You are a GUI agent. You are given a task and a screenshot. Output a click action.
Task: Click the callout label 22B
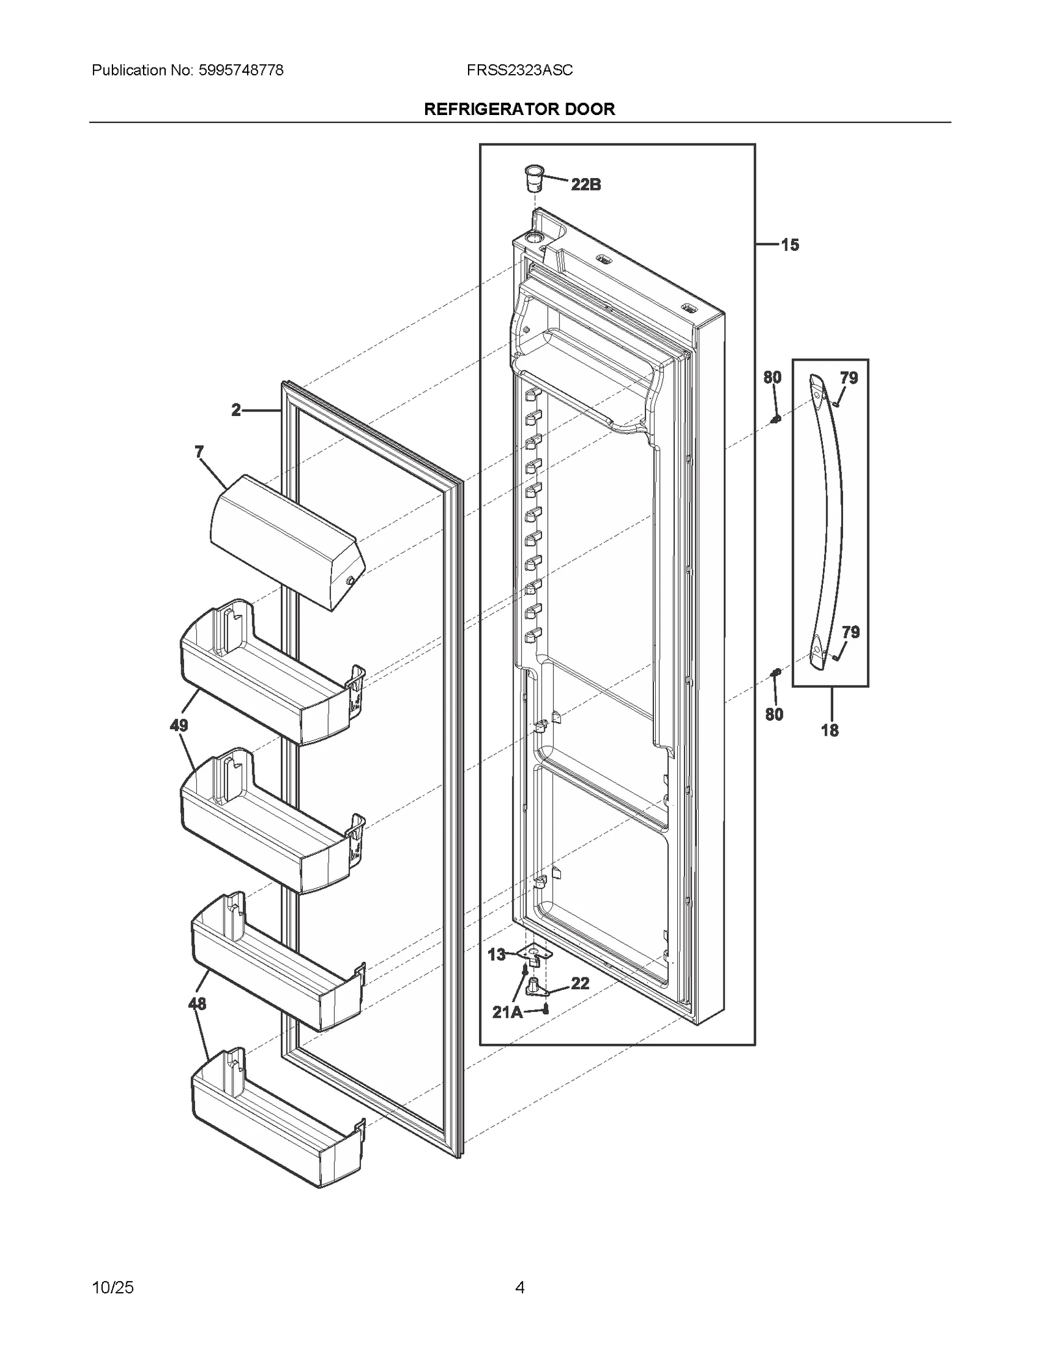click(x=586, y=185)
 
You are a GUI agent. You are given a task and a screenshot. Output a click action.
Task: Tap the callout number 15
click(x=790, y=245)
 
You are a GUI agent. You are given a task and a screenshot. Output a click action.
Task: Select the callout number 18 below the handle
click(x=829, y=731)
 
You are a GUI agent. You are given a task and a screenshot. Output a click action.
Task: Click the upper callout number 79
click(x=849, y=378)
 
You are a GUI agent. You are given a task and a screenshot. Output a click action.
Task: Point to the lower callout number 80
click(x=773, y=714)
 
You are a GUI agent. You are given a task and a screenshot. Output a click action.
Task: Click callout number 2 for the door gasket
click(x=236, y=410)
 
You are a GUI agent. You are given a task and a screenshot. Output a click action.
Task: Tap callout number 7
click(x=199, y=451)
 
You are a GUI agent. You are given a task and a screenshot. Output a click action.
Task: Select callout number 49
click(x=179, y=725)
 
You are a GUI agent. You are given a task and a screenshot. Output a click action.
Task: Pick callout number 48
click(x=197, y=1003)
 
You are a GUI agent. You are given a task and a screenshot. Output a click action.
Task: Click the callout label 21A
click(x=508, y=1012)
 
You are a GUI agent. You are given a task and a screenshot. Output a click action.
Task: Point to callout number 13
click(x=497, y=954)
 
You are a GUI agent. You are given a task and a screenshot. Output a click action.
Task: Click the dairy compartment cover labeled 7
click(x=286, y=539)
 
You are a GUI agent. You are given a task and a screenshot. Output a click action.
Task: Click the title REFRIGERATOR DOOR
click(x=519, y=109)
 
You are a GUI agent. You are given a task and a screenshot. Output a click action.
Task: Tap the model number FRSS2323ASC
click(x=519, y=70)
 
